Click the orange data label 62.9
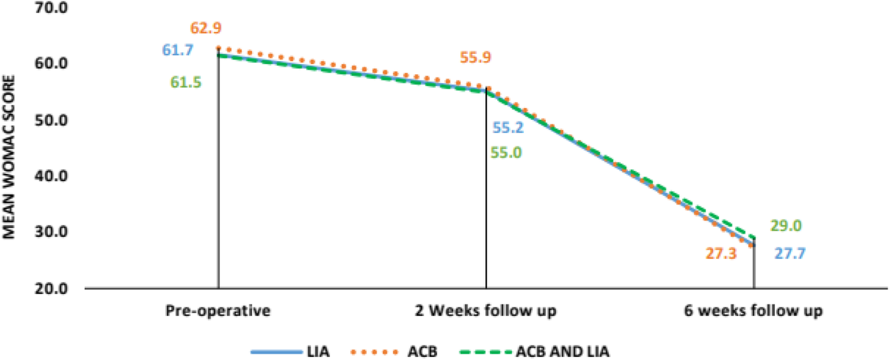pos(205,28)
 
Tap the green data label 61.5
pos(186,82)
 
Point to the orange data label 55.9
pos(476,58)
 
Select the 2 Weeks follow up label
pos(486,311)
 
